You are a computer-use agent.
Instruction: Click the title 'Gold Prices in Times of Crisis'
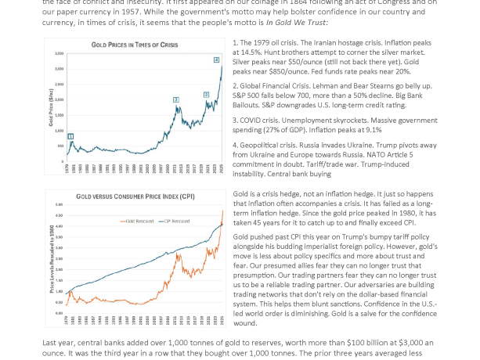pos(134,45)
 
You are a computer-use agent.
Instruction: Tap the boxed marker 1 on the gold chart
pos(70,136)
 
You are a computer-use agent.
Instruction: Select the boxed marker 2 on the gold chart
pos(175,99)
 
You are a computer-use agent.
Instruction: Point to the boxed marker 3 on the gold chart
pos(206,95)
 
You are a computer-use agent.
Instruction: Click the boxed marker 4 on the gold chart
pos(217,59)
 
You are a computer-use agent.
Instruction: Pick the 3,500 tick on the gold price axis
pos(60,53)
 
